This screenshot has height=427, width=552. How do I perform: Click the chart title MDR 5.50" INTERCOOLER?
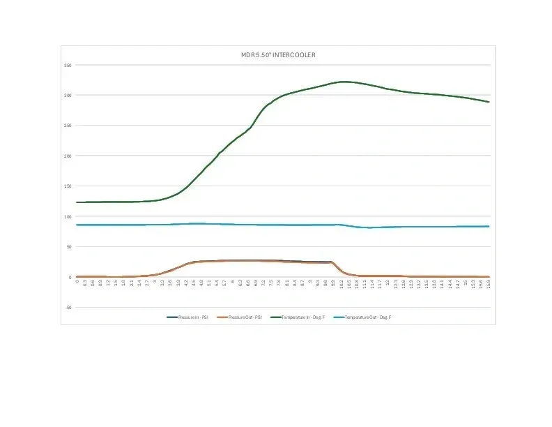pyautogui.click(x=277, y=54)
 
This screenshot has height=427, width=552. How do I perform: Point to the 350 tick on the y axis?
pyautogui.click(x=68, y=65)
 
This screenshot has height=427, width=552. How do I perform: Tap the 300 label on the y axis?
pyautogui.click(x=68, y=96)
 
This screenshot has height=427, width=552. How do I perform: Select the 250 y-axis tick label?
pyautogui.click(x=68, y=126)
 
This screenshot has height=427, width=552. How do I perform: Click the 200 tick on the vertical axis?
pyautogui.click(x=68, y=156)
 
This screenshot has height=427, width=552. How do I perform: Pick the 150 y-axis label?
pyautogui.click(x=68, y=186)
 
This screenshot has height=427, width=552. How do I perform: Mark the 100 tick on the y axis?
pyautogui.click(x=68, y=216)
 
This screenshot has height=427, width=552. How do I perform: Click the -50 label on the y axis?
pyautogui.click(x=68, y=307)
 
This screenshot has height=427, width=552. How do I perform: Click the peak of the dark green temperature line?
pyautogui.click(x=342, y=82)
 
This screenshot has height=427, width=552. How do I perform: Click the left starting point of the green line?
pyautogui.click(x=77, y=202)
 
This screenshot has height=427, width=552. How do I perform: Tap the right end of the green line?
pyautogui.click(x=489, y=102)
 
